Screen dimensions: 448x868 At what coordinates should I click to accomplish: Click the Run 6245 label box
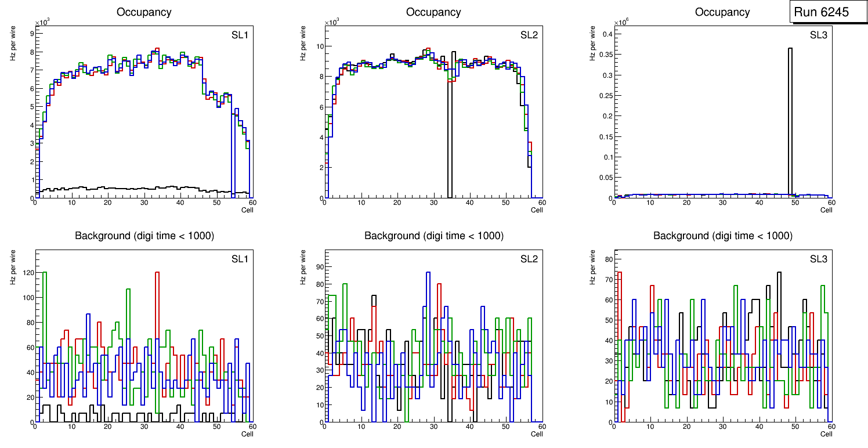coord(824,12)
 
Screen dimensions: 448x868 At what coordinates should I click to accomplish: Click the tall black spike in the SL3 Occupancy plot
coord(790,116)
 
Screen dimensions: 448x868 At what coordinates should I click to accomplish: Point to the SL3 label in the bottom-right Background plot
coord(819,258)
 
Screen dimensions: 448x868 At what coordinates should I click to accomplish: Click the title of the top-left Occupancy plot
coord(144,12)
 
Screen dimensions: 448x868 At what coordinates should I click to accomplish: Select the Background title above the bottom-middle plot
coord(433,236)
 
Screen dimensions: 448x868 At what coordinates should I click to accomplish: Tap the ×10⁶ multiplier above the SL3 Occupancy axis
coord(620,22)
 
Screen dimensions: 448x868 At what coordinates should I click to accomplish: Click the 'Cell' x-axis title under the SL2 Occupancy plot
coord(537,209)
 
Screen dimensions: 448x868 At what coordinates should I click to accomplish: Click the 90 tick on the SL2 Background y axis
coord(318,268)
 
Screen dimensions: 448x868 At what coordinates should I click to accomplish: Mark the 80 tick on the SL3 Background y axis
coord(607,259)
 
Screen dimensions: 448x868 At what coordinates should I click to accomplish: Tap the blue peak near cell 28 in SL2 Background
coord(428,272)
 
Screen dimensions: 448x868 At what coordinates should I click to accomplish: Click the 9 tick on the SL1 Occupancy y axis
coord(31,33)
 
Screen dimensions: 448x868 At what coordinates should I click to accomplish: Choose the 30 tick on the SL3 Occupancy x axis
coord(722,202)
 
